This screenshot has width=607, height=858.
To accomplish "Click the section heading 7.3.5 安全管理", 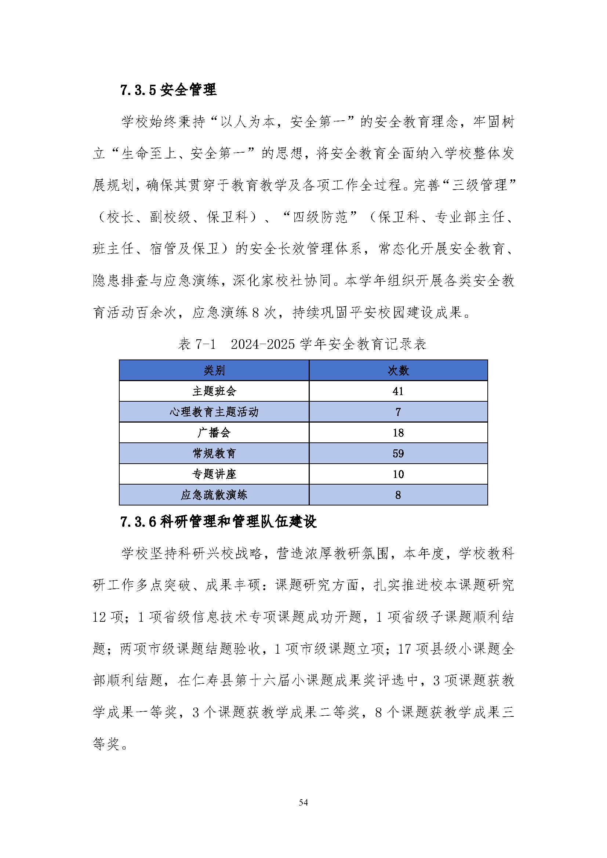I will pos(168,90).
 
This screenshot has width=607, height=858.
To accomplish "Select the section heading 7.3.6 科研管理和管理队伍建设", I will pos(218,522).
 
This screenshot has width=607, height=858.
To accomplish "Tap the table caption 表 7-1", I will pos(197,344).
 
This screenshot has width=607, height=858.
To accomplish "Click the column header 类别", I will pos(214,370).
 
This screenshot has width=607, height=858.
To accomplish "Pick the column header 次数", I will pos(398,370).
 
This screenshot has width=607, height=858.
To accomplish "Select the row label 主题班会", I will pos(214,391).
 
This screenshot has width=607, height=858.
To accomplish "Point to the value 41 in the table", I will pos(398,391).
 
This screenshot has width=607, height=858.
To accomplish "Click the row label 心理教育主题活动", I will pos(214,412).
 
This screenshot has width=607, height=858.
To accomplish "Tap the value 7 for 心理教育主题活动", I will pos(398,412).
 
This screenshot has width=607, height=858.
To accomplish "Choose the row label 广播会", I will pos(214,433).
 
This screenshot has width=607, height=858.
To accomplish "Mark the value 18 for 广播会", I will pos(398,433).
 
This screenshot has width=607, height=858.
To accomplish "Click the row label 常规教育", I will pos(214,453).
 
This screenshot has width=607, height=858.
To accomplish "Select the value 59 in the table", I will pos(398,453).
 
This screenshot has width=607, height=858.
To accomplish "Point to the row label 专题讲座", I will pos(214,474).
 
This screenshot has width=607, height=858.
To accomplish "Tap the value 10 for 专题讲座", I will pos(398,474).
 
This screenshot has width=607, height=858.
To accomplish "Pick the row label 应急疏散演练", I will pos(214,495).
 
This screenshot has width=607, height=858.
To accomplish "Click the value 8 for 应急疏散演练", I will pos(398,495).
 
